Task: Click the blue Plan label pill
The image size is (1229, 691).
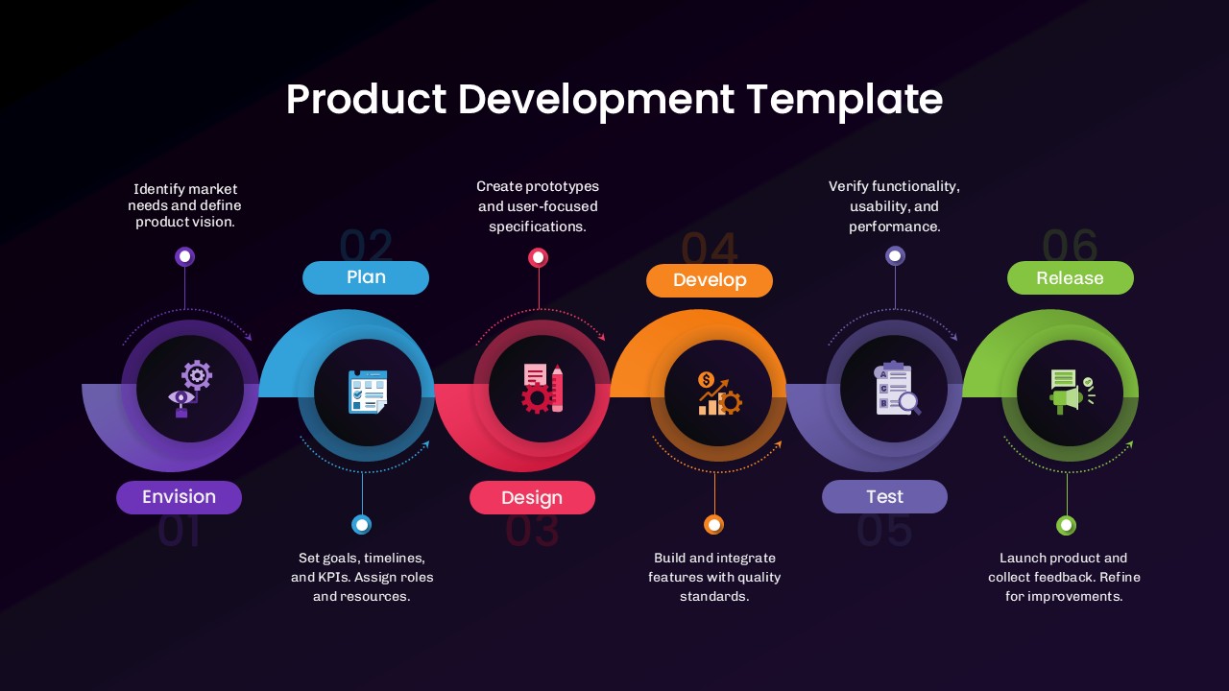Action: (366, 277)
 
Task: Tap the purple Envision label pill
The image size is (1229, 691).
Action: (179, 497)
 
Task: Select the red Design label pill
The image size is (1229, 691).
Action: (532, 498)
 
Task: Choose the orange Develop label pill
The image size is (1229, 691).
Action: (710, 280)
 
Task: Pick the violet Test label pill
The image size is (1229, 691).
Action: (884, 497)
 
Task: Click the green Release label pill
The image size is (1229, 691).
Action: (1070, 278)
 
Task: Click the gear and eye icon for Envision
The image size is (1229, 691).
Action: (190, 389)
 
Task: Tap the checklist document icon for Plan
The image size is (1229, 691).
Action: (367, 392)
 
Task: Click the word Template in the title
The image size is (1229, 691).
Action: (844, 100)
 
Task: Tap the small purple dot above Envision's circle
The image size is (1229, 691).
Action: (185, 256)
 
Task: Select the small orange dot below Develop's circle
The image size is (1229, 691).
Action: (713, 525)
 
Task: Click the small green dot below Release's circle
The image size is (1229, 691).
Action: (1066, 525)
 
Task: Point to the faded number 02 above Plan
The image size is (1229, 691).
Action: (366, 247)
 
